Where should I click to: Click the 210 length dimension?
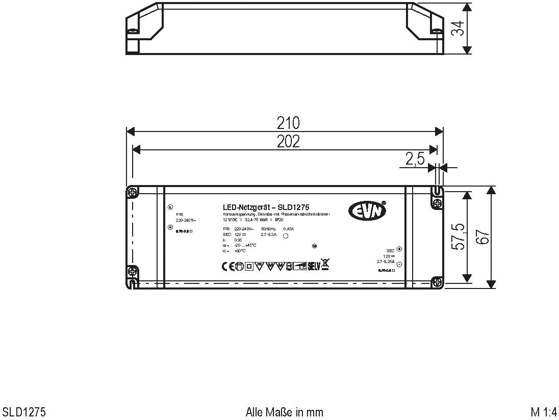coord(288,123)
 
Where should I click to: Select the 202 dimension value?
coord(288,141)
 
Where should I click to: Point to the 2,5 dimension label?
coord(415,159)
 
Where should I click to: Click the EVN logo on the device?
coord(367,209)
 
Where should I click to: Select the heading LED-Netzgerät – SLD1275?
coord(266,207)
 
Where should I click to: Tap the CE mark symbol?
coord(227,266)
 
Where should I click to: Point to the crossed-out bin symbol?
coord(325,264)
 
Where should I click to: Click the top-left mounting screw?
coord(133,193)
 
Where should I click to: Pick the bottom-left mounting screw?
coord(132,271)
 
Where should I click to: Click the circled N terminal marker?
coord(170,227)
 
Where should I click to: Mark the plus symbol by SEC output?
coord(399,249)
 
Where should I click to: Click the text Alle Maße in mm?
coord(284,412)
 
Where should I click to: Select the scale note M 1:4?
coord(543,412)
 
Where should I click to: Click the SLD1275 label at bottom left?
coord(24,412)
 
